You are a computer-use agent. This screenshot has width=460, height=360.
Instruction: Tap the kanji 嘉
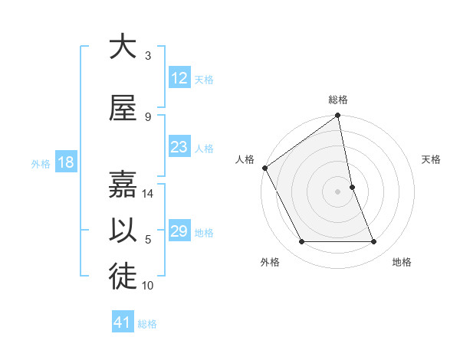point(123,185)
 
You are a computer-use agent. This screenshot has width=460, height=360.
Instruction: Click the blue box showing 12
point(179,78)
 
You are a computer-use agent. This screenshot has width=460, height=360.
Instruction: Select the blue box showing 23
point(179,147)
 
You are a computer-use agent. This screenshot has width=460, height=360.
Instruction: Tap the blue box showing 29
point(179,231)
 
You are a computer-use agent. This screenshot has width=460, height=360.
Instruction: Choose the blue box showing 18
point(65,162)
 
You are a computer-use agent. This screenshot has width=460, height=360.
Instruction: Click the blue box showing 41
point(123,322)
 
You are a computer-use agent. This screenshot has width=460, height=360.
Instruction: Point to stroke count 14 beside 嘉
point(149,194)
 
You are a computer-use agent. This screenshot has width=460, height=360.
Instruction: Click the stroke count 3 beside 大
point(148,55)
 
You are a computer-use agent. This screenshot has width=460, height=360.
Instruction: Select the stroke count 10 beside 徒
point(149,286)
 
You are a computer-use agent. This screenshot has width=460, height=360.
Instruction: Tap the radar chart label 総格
point(338,100)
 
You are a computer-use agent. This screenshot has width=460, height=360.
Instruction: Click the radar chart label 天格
point(432,159)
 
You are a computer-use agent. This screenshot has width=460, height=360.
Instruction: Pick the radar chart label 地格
point(402,262)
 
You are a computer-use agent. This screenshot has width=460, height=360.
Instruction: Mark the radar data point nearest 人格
point(264,168)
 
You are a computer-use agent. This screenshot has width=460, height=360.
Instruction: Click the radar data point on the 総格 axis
point(338,116)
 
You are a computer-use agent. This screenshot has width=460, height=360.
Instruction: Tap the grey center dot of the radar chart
point(338,191)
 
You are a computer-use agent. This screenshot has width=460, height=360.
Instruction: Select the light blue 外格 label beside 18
point(41,163)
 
